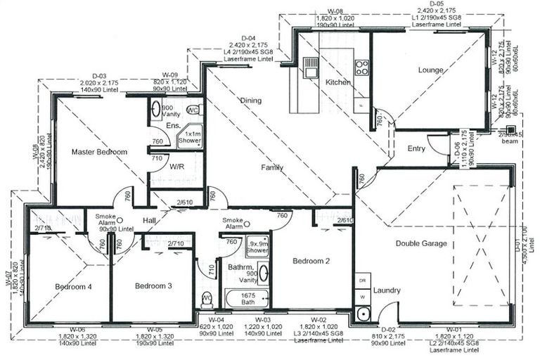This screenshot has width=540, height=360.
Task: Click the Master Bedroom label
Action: [99, 152]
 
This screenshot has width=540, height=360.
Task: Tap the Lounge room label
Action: [430, 70]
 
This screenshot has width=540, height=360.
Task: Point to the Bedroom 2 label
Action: [311, 262]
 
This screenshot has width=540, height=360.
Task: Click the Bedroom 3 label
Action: [153, 286]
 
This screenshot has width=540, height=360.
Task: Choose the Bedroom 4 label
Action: [73, 286]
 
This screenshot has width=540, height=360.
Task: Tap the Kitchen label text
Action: [337, 83]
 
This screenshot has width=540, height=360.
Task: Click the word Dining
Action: [250, 101]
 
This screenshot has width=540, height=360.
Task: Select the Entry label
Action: [416, 148]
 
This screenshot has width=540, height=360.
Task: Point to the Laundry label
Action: [387, 290]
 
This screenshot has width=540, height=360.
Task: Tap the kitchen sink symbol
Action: [310, 67]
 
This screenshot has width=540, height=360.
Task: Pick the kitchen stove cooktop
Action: [362, 67]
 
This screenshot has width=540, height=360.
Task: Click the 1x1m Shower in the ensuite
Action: [193, 136]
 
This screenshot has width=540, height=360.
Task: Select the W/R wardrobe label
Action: [176, 167]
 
